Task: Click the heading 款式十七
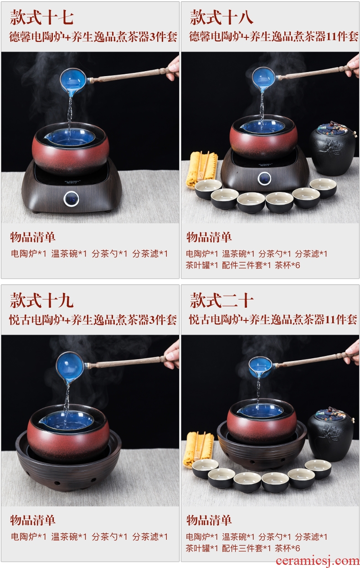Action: tap(42, 17)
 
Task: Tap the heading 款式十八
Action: tap(221, 17)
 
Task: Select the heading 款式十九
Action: tap(42, 300)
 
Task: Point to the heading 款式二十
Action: tap(221, 300)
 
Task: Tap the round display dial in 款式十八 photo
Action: tap(265, 179)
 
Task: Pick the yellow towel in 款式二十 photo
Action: tap(199, 449)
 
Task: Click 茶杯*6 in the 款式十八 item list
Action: tap(287, 265)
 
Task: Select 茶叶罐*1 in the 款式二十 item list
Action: tap(201, 548)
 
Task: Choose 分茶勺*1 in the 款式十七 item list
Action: tap(109, 253)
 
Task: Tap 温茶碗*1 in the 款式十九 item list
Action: tap(69, 537)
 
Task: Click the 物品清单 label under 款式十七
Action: tap(33, 238)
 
